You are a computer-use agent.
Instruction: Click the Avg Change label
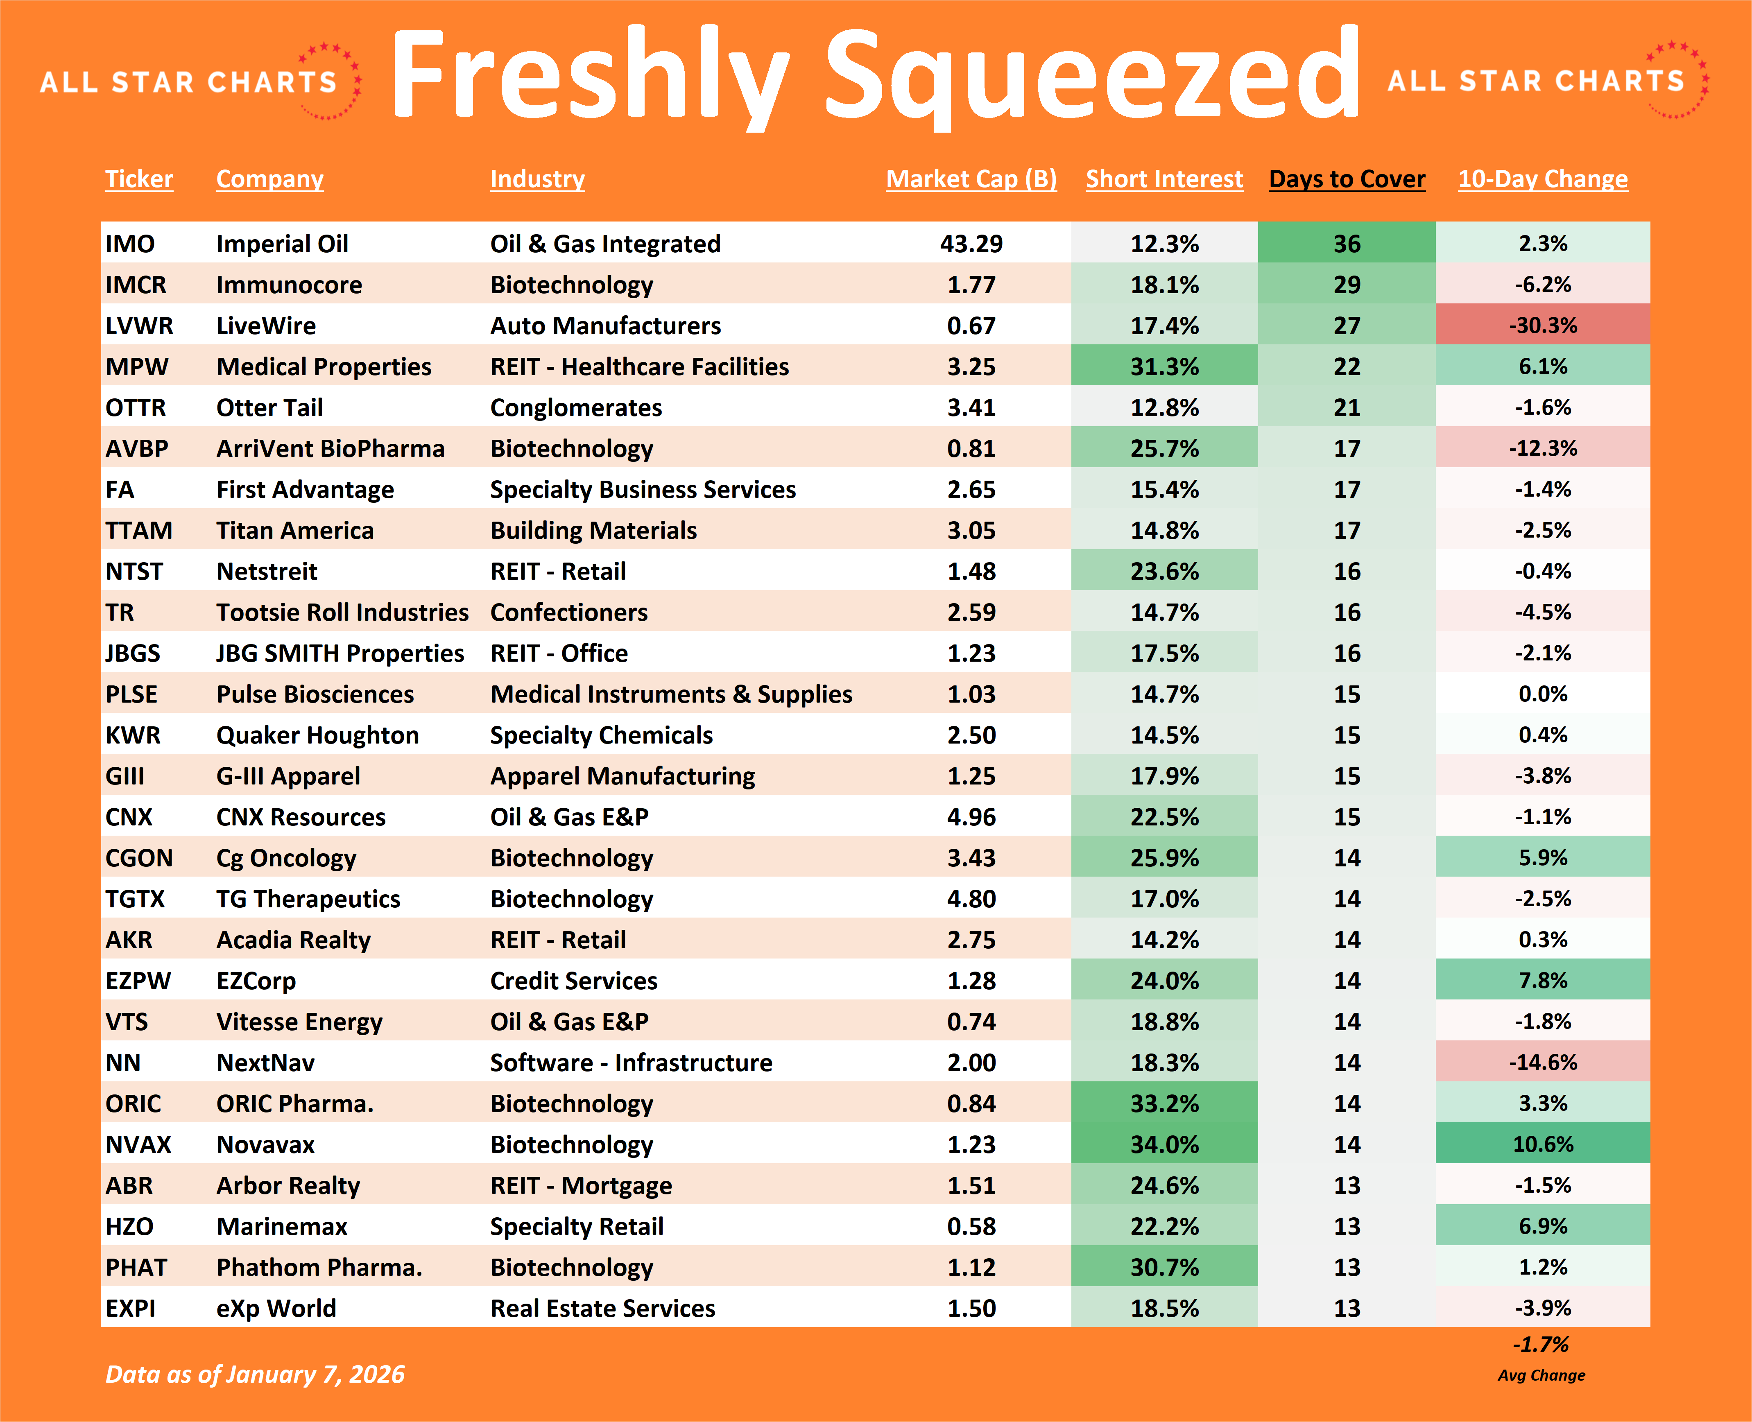pos(1541,1375)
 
